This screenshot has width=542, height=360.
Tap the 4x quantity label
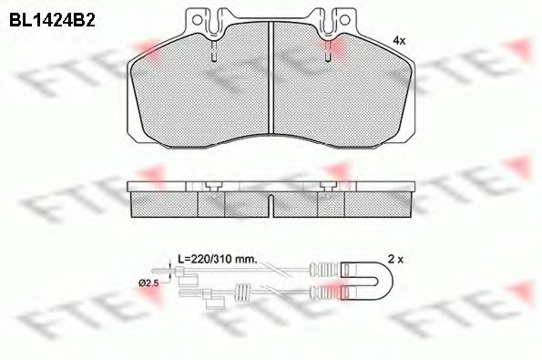(x=398, y=41)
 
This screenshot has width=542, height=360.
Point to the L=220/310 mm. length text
(x=216, y=260)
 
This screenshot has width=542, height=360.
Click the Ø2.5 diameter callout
(x=148, y=284)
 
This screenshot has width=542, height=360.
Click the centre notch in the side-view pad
(x=271, y=197)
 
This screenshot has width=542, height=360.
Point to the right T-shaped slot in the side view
(x=333, y=186)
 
